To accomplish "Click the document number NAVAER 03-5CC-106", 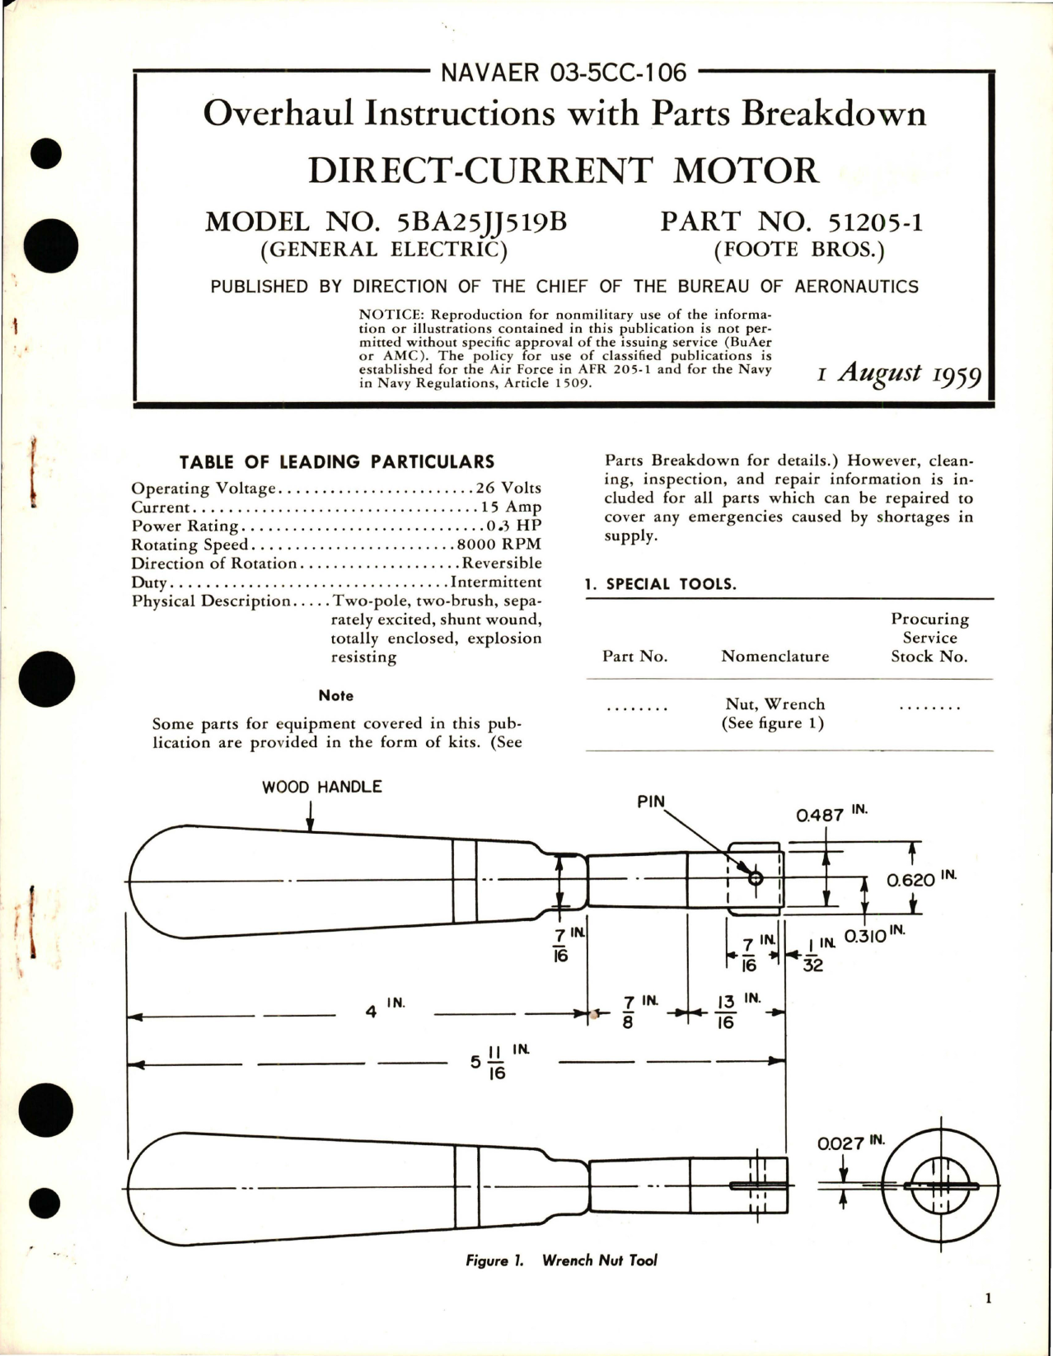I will tap(564, 72).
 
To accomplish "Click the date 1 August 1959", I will tap(899, 374).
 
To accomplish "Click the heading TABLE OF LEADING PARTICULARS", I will tap(337, 462).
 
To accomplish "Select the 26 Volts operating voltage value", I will tap(508, 489).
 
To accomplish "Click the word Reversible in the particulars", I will tap(501, 563).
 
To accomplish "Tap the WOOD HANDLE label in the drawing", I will tap(321, 787).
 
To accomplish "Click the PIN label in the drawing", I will tap(650, 801).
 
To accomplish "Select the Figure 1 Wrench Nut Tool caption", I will tap(560, 1260).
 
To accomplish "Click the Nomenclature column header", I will tap(775, 657).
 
